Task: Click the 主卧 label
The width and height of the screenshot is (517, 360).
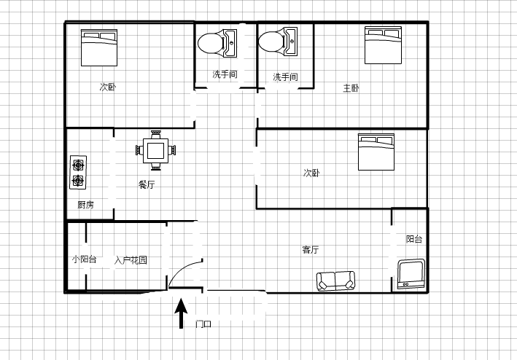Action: click(351, 88)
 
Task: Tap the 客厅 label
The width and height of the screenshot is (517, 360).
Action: click(310, 250)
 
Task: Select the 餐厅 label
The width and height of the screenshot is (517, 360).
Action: click(147, 184)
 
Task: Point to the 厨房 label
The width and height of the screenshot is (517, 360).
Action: click(86, 205)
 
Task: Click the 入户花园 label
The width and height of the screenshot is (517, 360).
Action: click(131, 260)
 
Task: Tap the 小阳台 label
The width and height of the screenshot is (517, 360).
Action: click(85, 259)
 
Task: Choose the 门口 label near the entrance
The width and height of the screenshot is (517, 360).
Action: click(203, 324)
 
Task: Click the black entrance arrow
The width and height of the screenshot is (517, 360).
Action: click(181, 313)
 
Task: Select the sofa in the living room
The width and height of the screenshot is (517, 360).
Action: click(335, 281)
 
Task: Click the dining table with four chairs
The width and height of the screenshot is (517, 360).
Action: click(155, 151)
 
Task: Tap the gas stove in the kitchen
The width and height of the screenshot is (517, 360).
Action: click(78, 172)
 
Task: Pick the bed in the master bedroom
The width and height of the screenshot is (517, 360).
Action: click(383, 45)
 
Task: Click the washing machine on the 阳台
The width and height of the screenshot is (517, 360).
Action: click(411, 274)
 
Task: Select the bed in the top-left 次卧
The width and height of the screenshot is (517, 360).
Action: click(99, 48)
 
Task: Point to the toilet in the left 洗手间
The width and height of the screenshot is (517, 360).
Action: click(217, 44)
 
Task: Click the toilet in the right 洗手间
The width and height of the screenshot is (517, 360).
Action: click(278, 42)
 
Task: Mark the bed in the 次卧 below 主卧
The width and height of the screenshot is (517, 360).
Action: click(376, 152)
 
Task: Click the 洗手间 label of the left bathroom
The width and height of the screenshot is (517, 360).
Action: click(225, 74)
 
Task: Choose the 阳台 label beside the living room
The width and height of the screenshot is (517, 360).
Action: click(414, 239)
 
